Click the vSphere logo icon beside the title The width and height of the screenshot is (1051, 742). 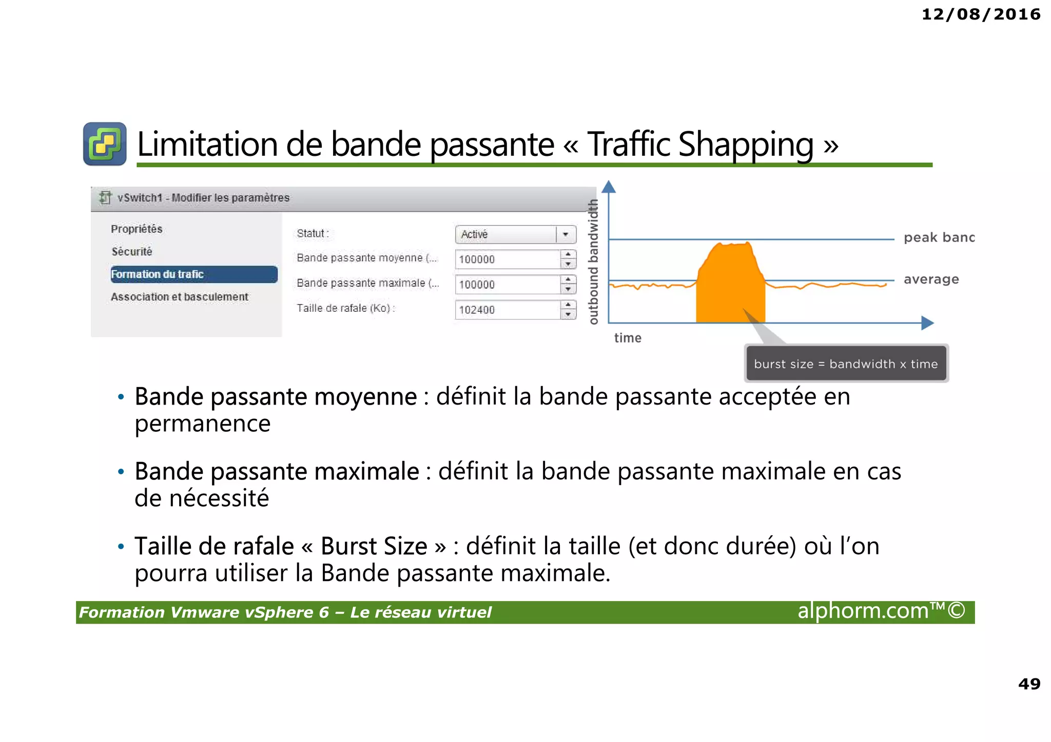105,144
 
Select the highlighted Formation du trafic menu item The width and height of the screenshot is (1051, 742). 194,274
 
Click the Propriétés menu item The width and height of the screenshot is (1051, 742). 137,229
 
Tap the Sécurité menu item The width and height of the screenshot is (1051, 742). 132,252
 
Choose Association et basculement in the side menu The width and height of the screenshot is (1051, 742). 180,297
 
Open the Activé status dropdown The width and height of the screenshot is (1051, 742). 515,234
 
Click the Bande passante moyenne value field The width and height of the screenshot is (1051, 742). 508,259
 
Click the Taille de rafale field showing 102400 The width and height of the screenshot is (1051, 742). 508,310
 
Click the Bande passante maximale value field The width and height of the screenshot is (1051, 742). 508,285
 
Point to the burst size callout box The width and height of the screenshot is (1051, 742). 846,364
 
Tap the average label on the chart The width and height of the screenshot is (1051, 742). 931,279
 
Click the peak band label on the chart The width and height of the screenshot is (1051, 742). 939,237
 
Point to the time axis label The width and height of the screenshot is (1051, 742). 628,338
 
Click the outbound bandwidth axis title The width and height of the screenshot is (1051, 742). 593,262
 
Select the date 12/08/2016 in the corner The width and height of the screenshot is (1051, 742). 981,14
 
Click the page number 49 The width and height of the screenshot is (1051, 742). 1029,684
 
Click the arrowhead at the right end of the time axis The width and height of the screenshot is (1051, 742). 927,323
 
